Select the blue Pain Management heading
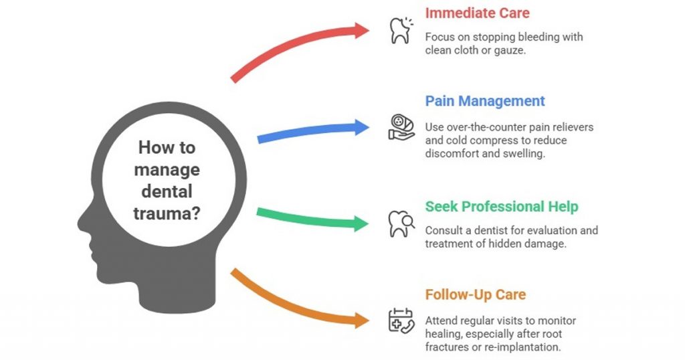pyautogui.click(x=485, y=101)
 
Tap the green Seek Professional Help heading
pyautogui.click(x=502, y=207)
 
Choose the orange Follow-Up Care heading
pyautogui.click(x=475, y=294)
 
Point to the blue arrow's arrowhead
pyautogui.click(x=363, y=126)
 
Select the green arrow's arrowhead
pyautogui.click(x=363, y=223)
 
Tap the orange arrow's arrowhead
pyautogui.click(x=363, y=320)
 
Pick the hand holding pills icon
pyautogui.click(x=401, y=127)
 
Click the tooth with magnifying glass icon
pyautogui.click(x=401, y=223)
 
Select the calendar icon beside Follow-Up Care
pyautogui.click(x=401, y=320)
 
